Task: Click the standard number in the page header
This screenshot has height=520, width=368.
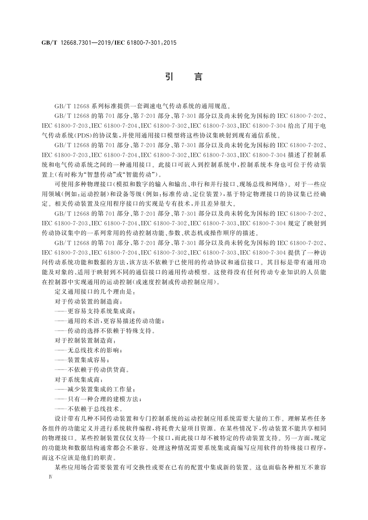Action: click(x=109, y=43)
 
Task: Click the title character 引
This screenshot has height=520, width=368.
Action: click(x=169, y=76)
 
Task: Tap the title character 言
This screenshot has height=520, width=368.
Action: click(x=198, y=76)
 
